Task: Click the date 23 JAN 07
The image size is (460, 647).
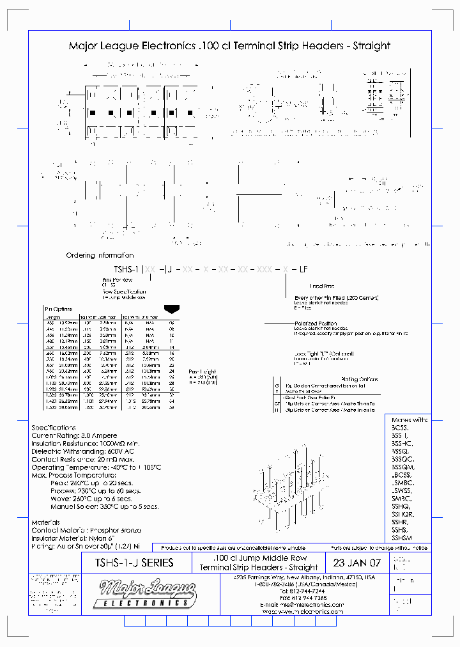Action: pos(356,563)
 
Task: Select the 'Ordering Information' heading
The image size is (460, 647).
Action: pos(100,255)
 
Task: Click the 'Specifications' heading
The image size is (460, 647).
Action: pos(54,428)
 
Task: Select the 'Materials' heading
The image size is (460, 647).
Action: pos(46,522)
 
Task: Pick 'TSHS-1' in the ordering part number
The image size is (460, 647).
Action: pos(126,270)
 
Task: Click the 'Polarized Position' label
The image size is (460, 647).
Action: pos(316,323)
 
